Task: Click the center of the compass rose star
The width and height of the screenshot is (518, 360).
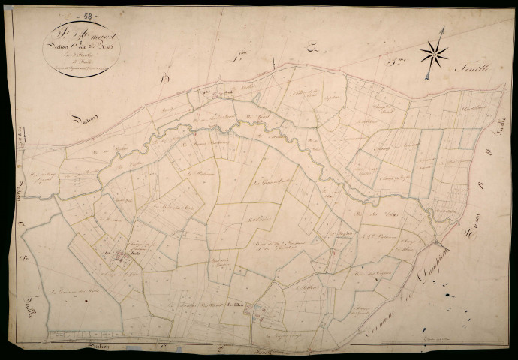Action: pyautogui.click(x=434, y=52)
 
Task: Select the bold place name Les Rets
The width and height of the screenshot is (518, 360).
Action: pyautogui.click(x=113, y=253)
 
